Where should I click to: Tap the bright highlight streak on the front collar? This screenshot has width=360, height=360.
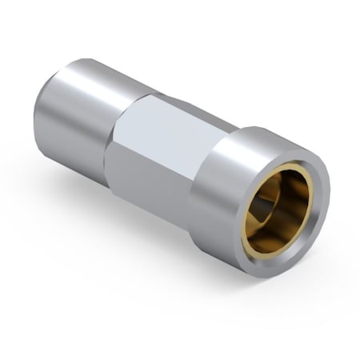click(x=240, y=144)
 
